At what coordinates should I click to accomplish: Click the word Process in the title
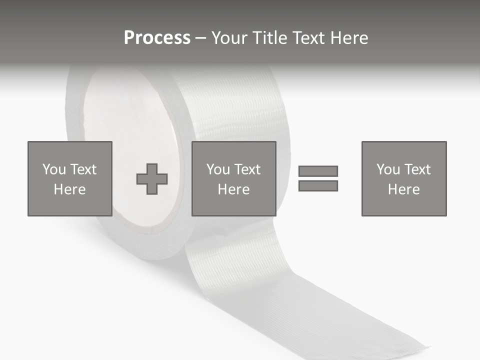click(x=157, y=38)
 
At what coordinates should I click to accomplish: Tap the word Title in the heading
click(x=268, y=38)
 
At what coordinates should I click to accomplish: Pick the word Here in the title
click(x=349, y=38)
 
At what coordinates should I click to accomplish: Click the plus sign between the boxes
click(x=152, y=179)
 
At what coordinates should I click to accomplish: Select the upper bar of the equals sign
click(x=318, y=171)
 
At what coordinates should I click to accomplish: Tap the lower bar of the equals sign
click(x=318, y=186)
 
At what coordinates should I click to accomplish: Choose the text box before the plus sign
click(x=70, y=178)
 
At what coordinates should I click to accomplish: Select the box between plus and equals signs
click(x=234, y=178)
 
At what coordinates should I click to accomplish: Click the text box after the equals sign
click(x=404, y=178)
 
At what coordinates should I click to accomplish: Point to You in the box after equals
click(x=388, y=169)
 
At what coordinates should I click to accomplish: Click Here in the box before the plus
click(x=70, y=189)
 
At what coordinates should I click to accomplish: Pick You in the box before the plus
click(x=53, y=169)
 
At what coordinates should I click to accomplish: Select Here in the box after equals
click(x=404, y=189)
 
